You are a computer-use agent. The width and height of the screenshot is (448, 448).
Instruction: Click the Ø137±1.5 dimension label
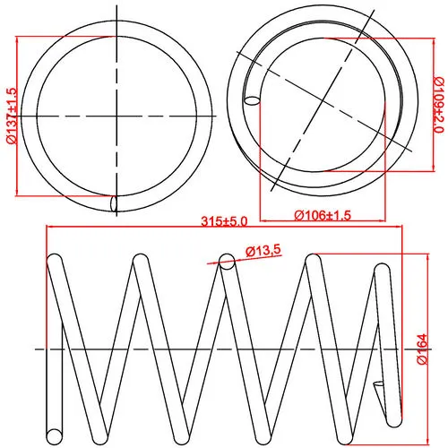point(12,116)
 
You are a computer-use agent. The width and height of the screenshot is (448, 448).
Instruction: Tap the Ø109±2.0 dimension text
point(439,104)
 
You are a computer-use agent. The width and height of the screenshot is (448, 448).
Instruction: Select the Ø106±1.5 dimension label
point(323,215)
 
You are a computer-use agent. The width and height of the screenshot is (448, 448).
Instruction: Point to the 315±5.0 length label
point(224,221)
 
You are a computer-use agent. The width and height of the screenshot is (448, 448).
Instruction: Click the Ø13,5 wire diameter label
point(263,251)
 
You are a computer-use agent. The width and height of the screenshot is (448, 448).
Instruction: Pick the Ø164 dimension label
point(423,349)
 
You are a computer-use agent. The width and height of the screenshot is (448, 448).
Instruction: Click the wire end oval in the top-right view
point(253,100)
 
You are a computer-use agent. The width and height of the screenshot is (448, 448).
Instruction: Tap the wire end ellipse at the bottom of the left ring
point(114,203)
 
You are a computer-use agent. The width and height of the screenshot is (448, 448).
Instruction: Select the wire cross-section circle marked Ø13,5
point(227,262)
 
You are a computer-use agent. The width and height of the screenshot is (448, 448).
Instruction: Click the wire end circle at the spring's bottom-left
point(55,436)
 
